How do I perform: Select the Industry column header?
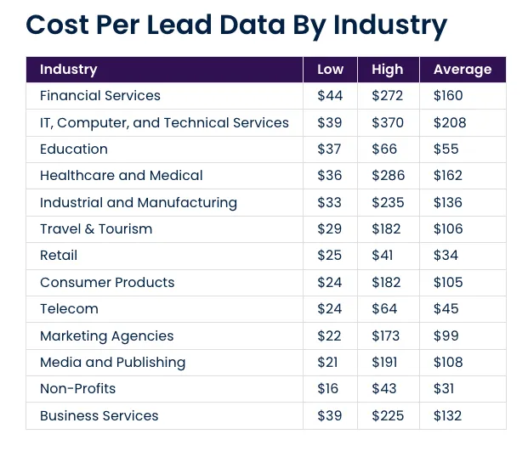(68, 70)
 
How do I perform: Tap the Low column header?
(330, 70)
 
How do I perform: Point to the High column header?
(388, 70)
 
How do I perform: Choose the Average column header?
(462, 70)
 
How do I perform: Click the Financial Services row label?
(99, 96)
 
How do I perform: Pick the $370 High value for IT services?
(388, 122)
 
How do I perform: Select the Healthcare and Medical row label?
(121, 176)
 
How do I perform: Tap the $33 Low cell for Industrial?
(329, 203)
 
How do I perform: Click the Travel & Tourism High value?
(387, 229)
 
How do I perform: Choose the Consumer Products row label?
(107, 283)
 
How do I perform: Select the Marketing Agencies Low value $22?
(329, 336)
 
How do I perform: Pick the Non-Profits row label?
(77, 389)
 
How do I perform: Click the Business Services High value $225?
(388, 416)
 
